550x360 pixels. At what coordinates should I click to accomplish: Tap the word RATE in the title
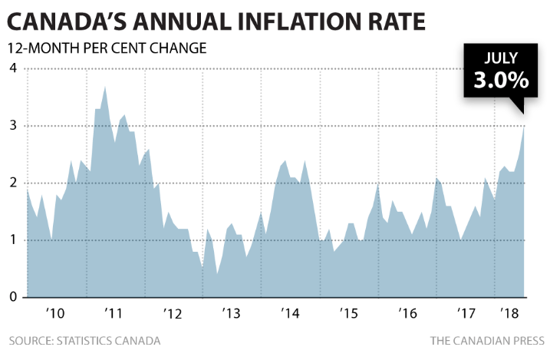click(x=394, y=21)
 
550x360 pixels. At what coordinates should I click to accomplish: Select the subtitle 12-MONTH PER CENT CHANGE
click(x=107, y=48)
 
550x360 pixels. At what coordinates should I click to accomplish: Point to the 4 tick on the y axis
click(x=12, y=69)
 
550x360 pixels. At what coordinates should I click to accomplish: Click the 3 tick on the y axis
click(x=12, y=126)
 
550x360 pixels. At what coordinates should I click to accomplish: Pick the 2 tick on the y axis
click(x=12, y=183)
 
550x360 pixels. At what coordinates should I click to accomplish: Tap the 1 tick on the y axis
click(x=12, y=240)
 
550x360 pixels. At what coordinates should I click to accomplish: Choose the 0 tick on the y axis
click(x=12, y=297)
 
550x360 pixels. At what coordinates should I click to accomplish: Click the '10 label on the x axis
click(x=54, y=314)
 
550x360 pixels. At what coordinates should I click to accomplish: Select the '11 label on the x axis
click(x=113, y=314)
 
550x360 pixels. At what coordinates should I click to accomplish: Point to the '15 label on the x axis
click(x=348, y=314)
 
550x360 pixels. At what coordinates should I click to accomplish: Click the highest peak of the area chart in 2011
click(x=104, y=87)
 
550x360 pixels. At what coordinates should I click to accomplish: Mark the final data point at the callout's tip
click(x=525, y=125)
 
